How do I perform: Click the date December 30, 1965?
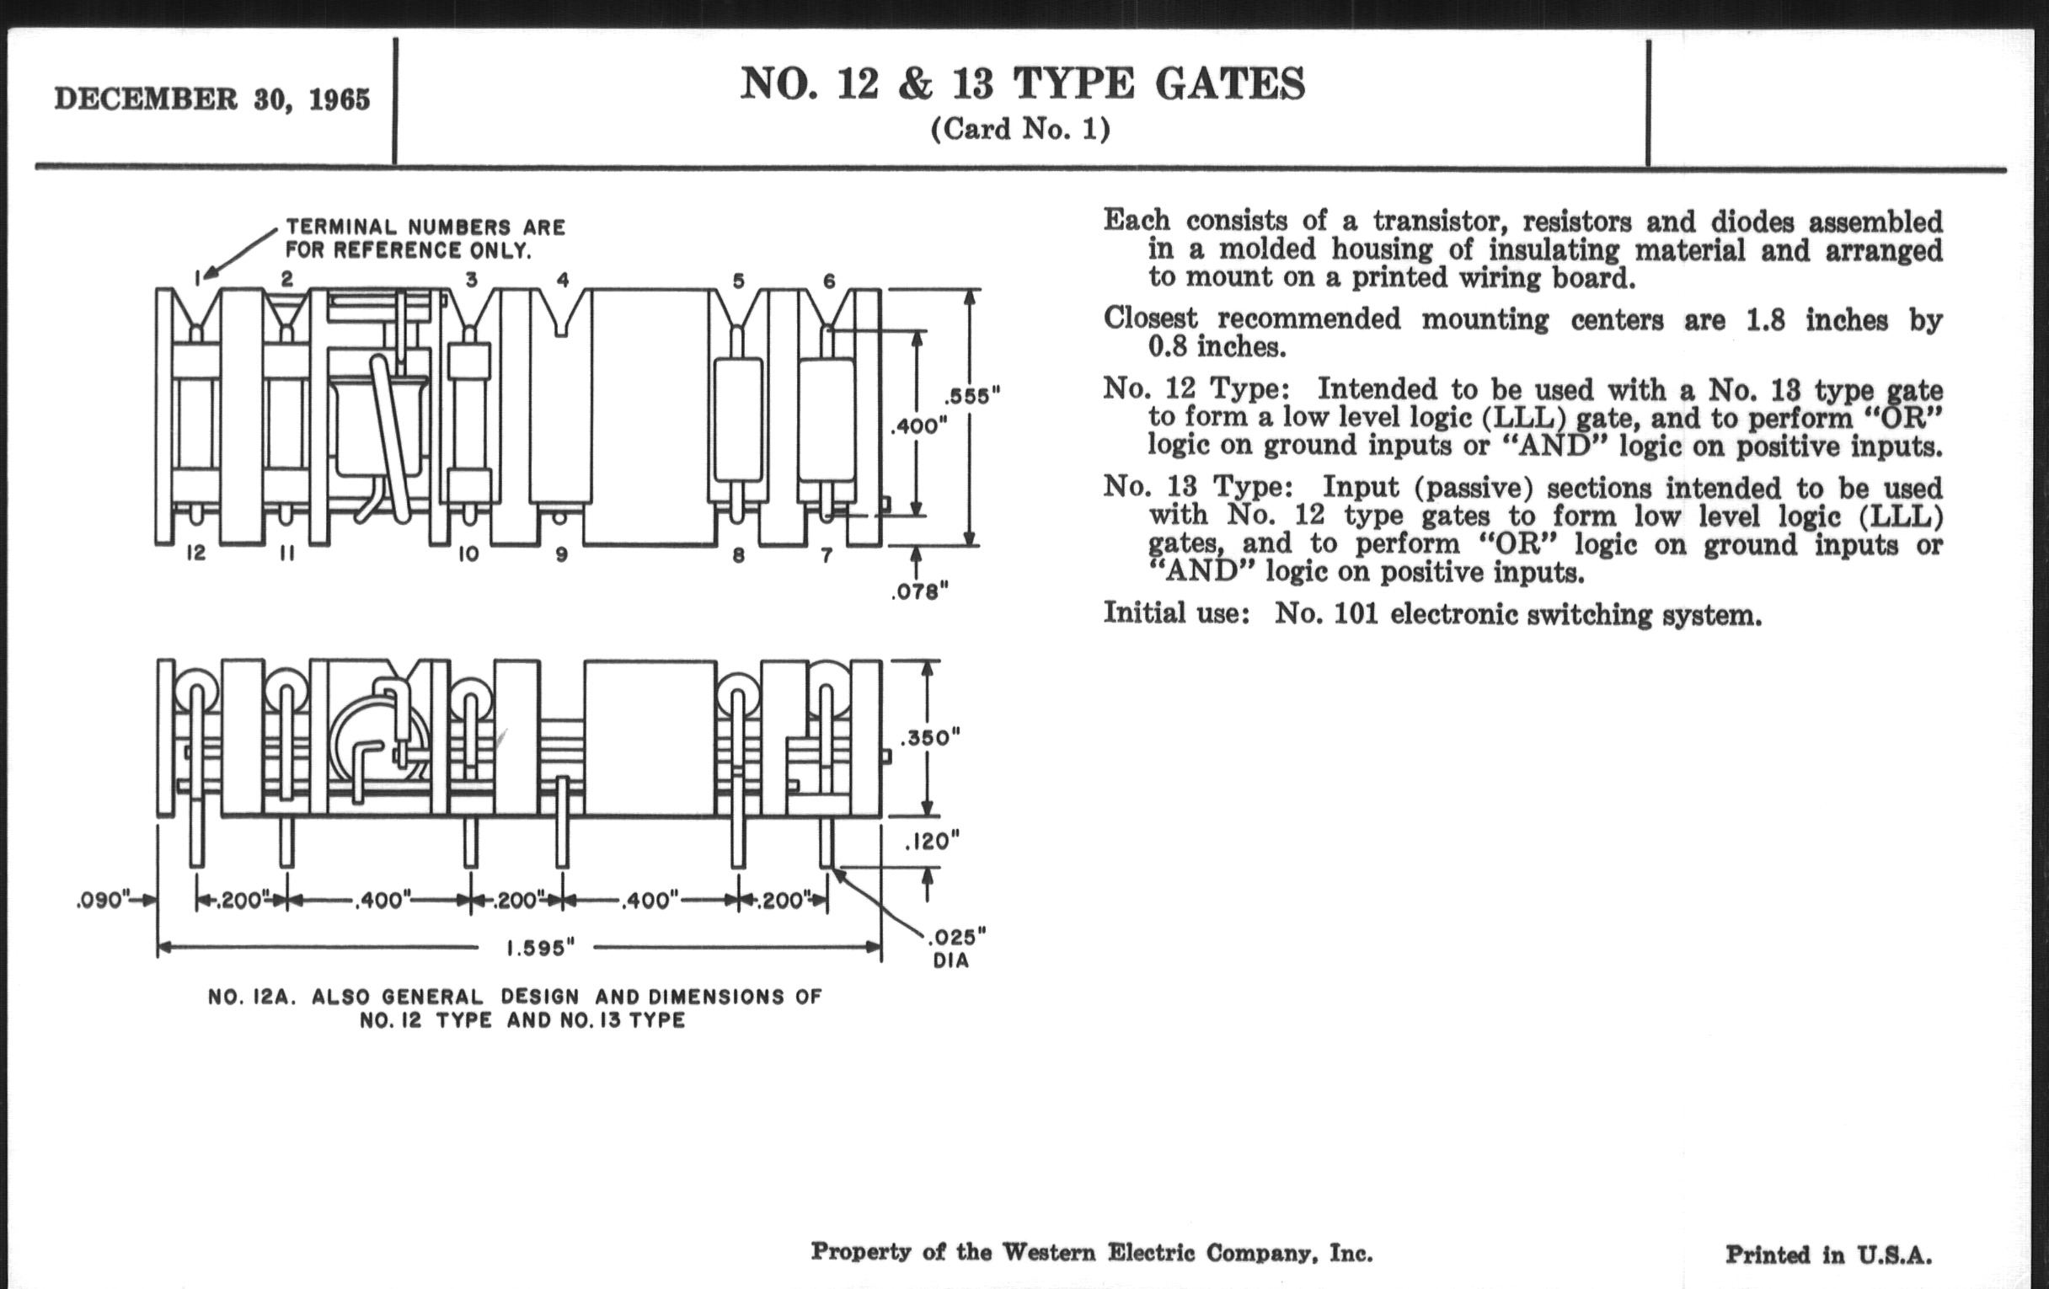pyautogui.click(x=211, y=99)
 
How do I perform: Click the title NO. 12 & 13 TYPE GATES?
pyautogui.click(x=1022, y=84)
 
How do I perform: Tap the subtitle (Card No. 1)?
pyautogui.click(x=1020, y=130)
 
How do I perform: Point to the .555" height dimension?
pyautogui.click(x=971, y=396)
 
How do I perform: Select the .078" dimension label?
pyautogui.click(x=919, y=591)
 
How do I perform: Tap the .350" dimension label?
pyautogui.click(x=930, y=737)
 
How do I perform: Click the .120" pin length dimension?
pyautogui.click(x=931, y=842)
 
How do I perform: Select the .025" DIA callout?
pyautogui.click(x=956, y=948)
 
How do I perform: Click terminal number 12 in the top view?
pyautogui.click(x=195, y=553)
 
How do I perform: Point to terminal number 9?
pyautogui.click(x=562, y=554)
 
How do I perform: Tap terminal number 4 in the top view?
pyautogui.click(x=563, y=279)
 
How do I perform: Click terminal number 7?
pyautogui.click(x=827, y=554)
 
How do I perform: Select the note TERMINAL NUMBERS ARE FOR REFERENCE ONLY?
pyautogui.click(x=425, y=238)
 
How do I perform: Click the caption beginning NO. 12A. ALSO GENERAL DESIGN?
pyautogui.click(x=515, y=1008)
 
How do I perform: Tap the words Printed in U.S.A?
pyautogui.click(x=1827, y=1255)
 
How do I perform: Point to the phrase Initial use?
pyautogui.click(x=1176, y=612)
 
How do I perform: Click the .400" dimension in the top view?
pyautogui.click(x=919, y=425)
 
